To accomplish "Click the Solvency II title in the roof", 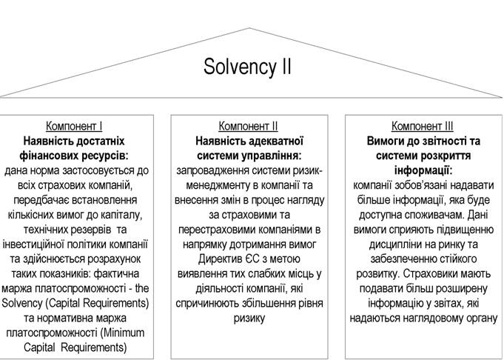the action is click(x=247, y=67).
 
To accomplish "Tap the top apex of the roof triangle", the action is click(x=249, y=28).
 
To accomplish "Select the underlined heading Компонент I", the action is click(x=74, y=126).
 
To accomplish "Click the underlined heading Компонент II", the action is click(x=248, y=126).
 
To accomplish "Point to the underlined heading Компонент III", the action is click(x=423, y=126).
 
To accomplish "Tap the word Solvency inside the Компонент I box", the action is click(x=22, y=304).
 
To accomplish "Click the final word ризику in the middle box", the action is click(x=249, y=319).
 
